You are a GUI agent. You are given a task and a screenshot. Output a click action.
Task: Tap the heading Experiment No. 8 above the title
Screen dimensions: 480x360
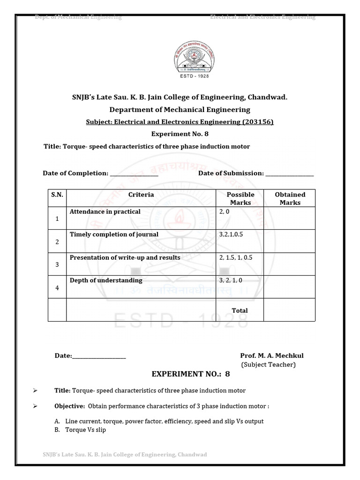(180, 134)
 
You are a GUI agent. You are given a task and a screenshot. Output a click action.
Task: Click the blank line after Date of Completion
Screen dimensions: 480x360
(134, 174)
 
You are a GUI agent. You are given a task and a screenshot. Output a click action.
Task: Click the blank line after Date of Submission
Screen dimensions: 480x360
(289, 174)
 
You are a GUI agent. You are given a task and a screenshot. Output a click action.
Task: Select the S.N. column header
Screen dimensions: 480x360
(57, 195)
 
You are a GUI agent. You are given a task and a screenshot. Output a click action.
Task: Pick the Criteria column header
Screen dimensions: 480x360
(141, 195)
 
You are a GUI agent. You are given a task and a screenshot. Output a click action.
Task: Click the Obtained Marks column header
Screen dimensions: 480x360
(290, 198)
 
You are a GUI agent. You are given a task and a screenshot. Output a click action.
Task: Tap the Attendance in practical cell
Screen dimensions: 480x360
(105, 212)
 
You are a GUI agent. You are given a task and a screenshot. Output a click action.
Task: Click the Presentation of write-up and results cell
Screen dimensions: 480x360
(125, 258)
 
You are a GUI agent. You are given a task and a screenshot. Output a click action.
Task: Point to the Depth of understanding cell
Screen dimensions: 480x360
(106, 280)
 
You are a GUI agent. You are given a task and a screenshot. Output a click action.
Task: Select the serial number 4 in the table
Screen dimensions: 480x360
(57, 288)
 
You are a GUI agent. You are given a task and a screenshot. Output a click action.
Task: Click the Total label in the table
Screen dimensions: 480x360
(240, 310)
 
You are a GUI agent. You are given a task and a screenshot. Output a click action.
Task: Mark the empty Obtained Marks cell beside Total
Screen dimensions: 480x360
(289, 310)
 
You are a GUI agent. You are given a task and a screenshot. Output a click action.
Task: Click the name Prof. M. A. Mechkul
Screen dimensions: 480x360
(271, 356)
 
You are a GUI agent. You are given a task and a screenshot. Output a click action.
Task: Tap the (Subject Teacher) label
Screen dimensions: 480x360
(268, 365)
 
